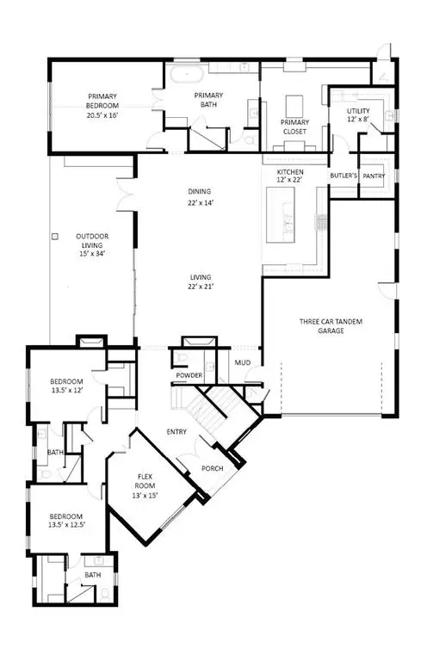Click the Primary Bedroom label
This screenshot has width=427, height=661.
(102, 105)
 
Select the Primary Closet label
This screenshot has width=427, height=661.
(294, 127)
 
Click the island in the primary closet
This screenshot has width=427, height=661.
(294, 106)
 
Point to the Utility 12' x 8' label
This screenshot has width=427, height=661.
(358, 115)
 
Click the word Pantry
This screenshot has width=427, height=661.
(374, 176)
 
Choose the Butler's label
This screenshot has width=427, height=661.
(343, 176)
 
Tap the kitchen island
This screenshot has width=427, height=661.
(280, 214)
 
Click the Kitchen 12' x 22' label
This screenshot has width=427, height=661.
(290, 176)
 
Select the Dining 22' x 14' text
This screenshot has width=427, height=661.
(200, 197)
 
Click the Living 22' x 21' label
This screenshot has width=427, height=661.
(201, 282)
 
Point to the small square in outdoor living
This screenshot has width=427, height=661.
(55, 237)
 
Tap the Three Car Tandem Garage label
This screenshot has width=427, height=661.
(331, 326)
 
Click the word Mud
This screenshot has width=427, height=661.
(243, 362)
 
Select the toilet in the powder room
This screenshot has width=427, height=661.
(183, 358)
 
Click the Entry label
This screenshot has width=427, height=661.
(176, 432)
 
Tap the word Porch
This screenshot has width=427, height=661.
(212, 468)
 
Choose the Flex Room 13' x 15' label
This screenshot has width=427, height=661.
(145, 486)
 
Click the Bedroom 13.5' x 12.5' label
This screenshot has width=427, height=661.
(66, 521)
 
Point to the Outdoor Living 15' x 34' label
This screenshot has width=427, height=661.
(92, 245)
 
